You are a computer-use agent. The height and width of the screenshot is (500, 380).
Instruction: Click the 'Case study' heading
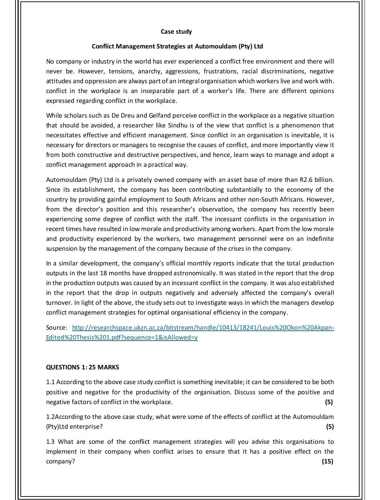[176, 32]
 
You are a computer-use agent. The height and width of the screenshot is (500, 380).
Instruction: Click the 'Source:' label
[56, 328]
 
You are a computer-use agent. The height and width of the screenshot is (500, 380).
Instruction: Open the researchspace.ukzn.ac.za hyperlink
[203, 328]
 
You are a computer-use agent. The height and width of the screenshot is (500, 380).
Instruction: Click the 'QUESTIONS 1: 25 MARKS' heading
[82, 367]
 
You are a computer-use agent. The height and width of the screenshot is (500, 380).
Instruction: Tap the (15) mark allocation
[327, 461]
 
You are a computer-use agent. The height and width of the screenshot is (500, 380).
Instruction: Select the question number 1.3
[51, 442]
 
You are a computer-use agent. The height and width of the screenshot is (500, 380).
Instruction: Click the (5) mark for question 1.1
[329, 402]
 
